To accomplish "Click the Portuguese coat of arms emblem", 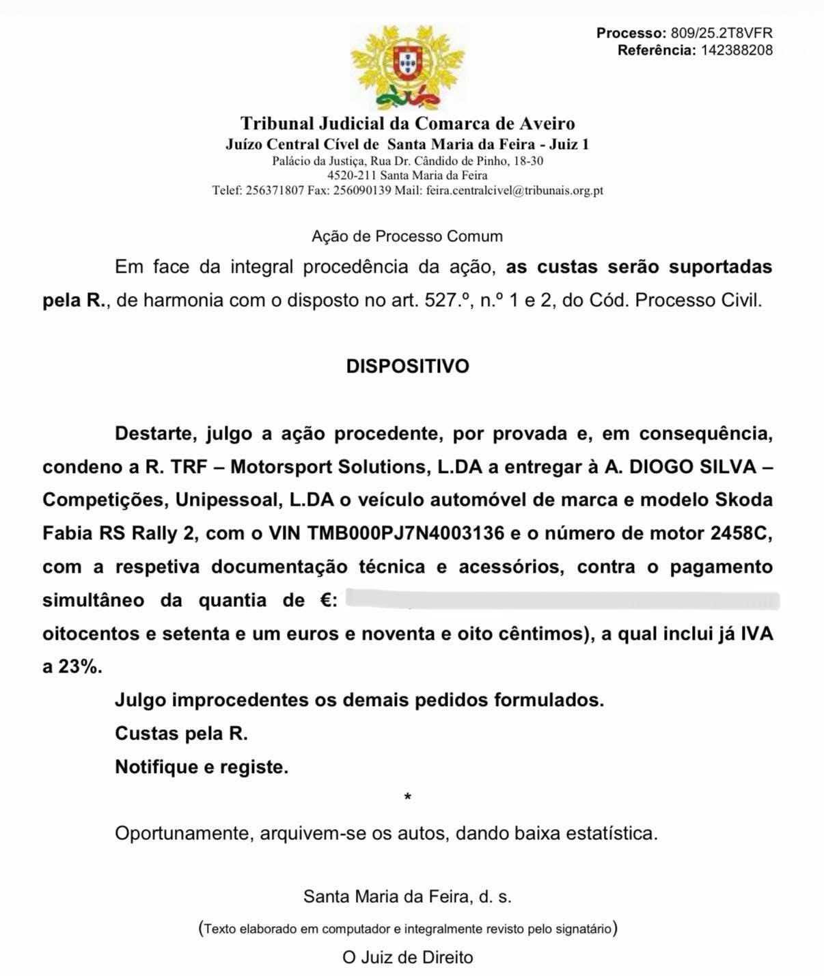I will [x=407, y=66].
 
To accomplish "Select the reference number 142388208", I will [x=737, y=50].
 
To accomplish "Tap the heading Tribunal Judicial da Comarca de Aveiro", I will [x=407, y=124].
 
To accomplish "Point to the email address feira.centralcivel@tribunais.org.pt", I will [x=514, y=191].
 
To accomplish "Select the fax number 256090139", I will [x=362, y=191].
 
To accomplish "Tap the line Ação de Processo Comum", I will [x=407, y=236].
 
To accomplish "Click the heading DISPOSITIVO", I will [x=407, y=366].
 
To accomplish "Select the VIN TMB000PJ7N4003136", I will [x=406, y=533].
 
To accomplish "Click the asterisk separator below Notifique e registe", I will [x=408, y=798].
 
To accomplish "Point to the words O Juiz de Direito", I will [x=407, y=958].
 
